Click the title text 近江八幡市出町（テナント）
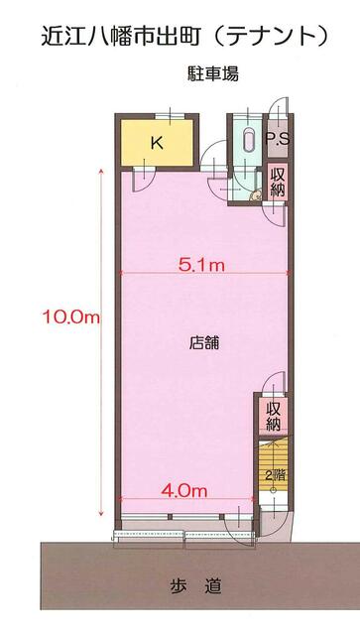tap(183, 36)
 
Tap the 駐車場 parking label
tap(213, 74)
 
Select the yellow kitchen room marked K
tap(157, 143)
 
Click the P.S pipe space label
tap(278, 139)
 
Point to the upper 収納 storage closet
tap(278, 181)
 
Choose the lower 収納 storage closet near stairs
tap(274, 417)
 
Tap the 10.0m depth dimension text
tap(70, 317)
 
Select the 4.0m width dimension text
tap(184, 491)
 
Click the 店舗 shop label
tap(204, 343)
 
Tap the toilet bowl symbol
tap(256, 195)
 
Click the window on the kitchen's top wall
tap(170, 116)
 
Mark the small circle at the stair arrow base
tap(273, 491)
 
